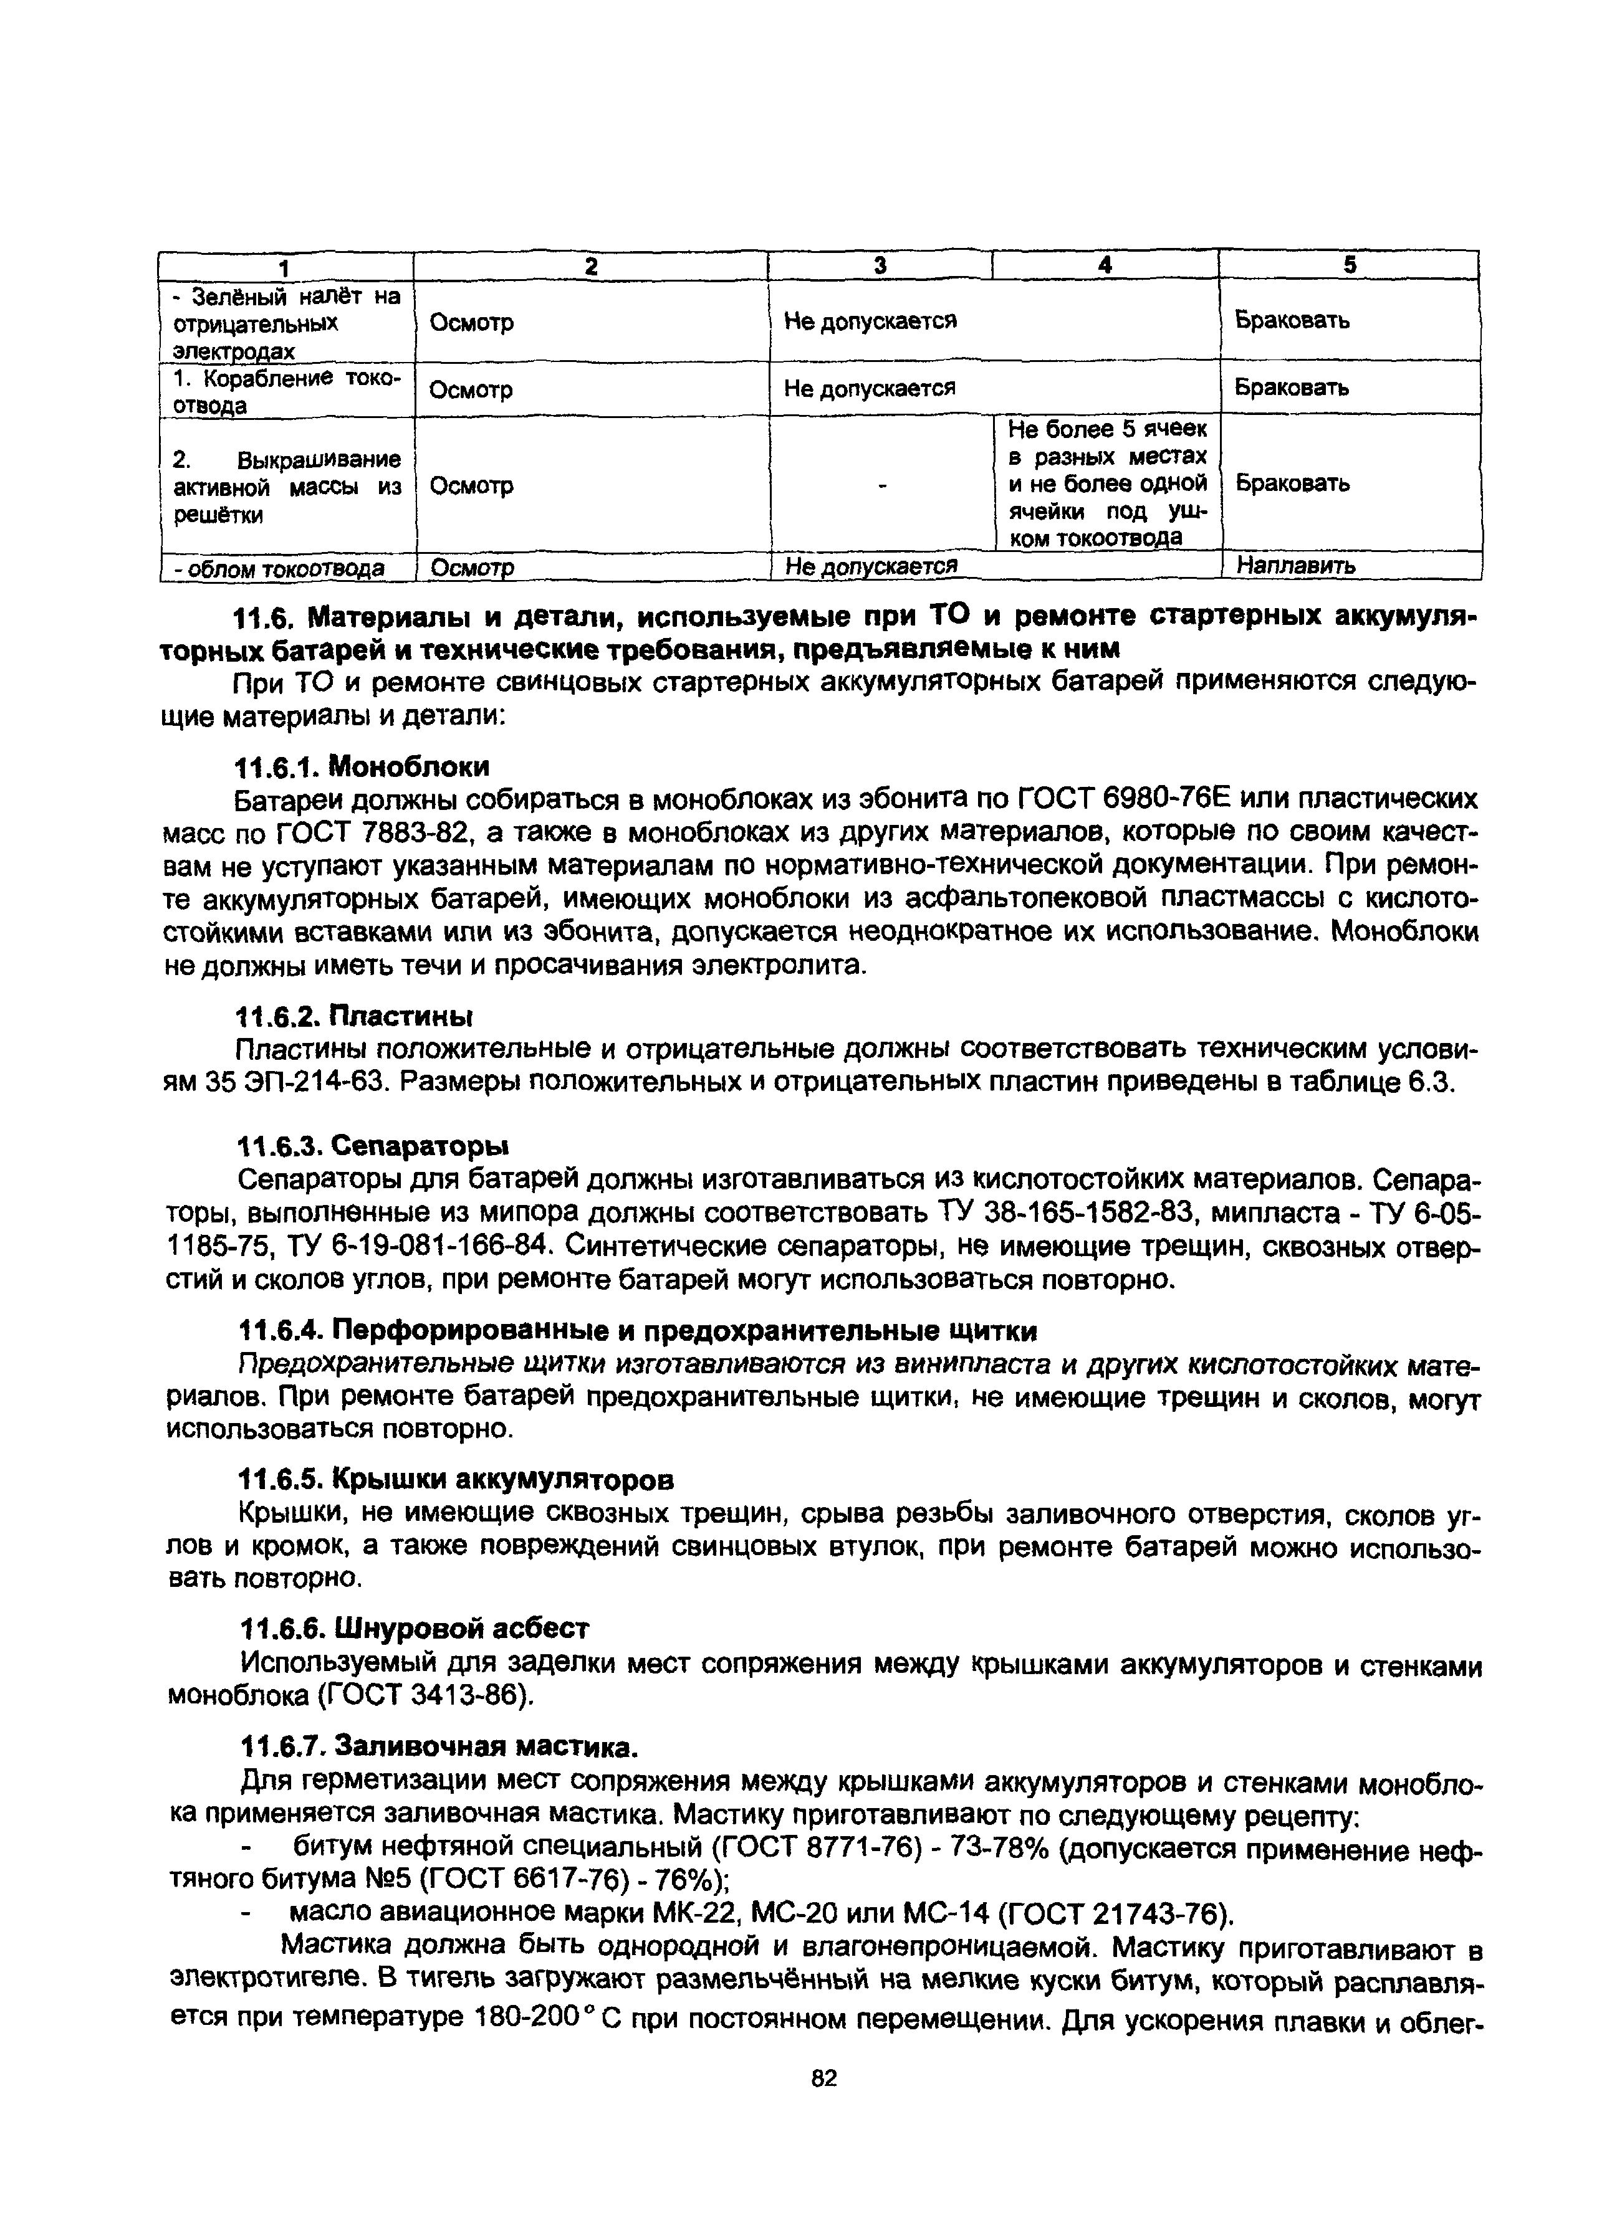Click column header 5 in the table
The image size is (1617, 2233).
click(1349, 265)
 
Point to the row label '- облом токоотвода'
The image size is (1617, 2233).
click(279, 568)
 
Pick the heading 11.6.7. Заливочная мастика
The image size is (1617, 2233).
click(439, 1746)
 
